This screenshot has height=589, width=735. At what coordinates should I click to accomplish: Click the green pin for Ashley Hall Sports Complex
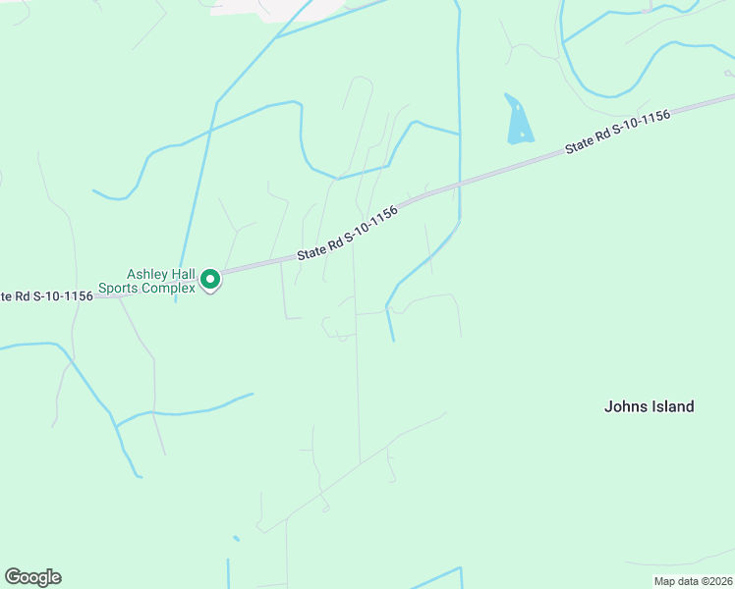click(x=209, y=281)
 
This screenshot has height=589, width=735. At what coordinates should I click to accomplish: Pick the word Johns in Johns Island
click(x=623, y=406)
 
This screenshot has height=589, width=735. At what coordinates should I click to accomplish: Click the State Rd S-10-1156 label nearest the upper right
click(x=617, y=131)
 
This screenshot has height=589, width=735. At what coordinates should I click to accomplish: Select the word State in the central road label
click(x=311, y=252)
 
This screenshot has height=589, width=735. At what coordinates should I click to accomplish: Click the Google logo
click(x=32, y=577)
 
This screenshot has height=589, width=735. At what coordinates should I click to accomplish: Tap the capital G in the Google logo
click(x=12, y=577)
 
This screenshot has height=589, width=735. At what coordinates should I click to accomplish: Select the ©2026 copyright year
click(x=715, y=581)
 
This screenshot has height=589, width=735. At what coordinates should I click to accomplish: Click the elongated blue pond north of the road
click(x=518, y=120)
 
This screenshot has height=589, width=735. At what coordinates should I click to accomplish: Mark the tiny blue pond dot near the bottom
click(x=236, y=538)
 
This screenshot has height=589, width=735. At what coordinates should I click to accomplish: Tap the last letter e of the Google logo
click(x=55, y=578)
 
